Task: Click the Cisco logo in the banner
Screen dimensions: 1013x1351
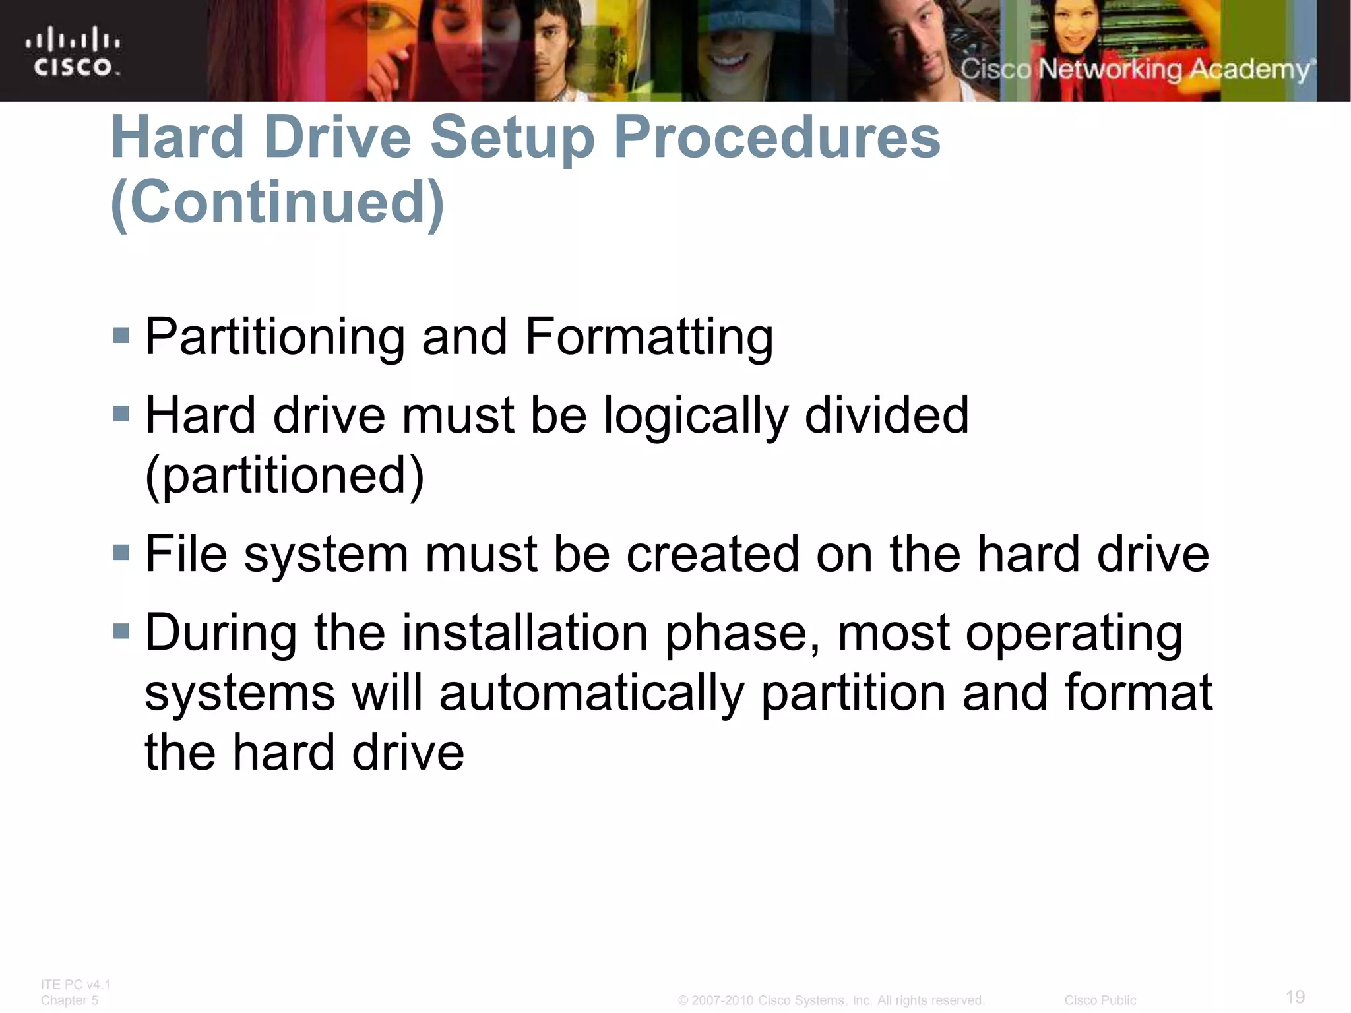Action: click(73, 51)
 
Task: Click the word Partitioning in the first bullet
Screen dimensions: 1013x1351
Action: click(274, 337)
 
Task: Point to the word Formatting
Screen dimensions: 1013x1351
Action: click(649, 337)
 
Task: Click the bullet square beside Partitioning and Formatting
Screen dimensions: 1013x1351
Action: click(121, 335)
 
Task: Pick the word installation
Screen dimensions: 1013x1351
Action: click(525, 632)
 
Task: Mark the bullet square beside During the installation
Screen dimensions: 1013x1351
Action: click(121, 631)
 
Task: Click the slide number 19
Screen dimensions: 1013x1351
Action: click(1295, 997)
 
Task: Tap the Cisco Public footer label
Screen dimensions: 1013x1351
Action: click(1100, 1000)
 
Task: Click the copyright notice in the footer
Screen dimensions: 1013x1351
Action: click(831, 1000)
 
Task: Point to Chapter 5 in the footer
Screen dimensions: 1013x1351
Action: click(69, 1000)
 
